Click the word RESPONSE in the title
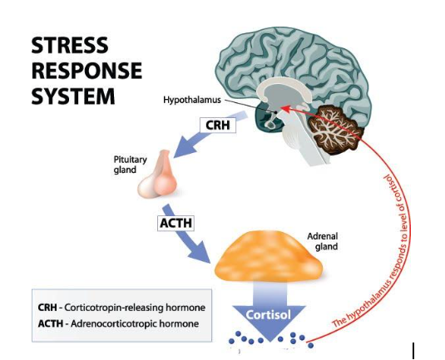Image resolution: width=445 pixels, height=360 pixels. [x=87, y=70]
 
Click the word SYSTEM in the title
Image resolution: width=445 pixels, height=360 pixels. [x=73, y=96]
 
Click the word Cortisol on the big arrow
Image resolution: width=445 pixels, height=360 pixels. [x=267, y=314]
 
